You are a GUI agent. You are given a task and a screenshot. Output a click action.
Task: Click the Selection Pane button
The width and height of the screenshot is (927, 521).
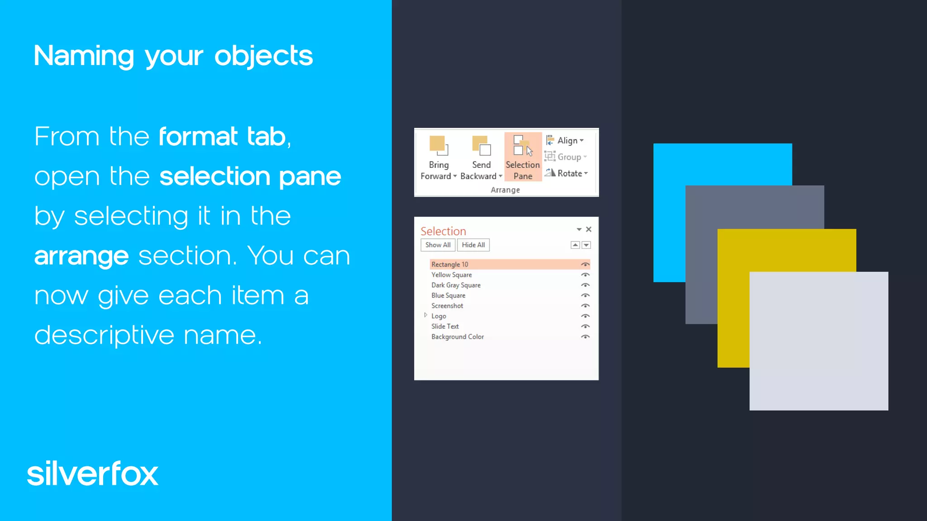[523, 157]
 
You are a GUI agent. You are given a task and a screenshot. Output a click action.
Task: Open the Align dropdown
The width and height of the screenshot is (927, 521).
[566, 141]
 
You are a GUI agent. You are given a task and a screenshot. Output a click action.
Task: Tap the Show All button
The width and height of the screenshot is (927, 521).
[438, 245]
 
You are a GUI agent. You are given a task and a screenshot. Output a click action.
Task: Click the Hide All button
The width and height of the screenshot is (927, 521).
[473, 245]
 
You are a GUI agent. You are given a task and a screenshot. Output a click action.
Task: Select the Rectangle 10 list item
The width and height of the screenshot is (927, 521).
[450, 265]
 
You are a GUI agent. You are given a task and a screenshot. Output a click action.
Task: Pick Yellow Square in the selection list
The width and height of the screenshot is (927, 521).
[451, 275]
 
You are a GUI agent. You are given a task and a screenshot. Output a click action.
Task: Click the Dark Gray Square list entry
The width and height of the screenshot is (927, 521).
[456, 285]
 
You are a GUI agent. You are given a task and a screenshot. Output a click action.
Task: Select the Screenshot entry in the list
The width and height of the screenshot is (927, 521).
[447, 306]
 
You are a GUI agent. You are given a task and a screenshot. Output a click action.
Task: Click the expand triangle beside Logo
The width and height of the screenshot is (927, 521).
[425, 315]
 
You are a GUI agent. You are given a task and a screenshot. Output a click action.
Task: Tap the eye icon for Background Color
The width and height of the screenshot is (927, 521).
[585, 337]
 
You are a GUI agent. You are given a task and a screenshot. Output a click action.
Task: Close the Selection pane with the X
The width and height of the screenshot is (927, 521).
[588, 229]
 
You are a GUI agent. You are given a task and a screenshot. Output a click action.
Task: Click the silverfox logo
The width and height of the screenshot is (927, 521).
[93, 474]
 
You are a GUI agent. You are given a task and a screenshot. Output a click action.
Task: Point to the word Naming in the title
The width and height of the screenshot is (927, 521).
[84, 56]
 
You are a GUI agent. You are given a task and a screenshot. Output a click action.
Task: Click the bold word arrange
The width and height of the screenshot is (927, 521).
[81, 256]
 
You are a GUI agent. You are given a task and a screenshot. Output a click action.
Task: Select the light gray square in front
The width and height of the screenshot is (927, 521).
[819, 341]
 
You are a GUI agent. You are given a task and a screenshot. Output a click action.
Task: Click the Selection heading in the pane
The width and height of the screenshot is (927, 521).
[443, 231]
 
